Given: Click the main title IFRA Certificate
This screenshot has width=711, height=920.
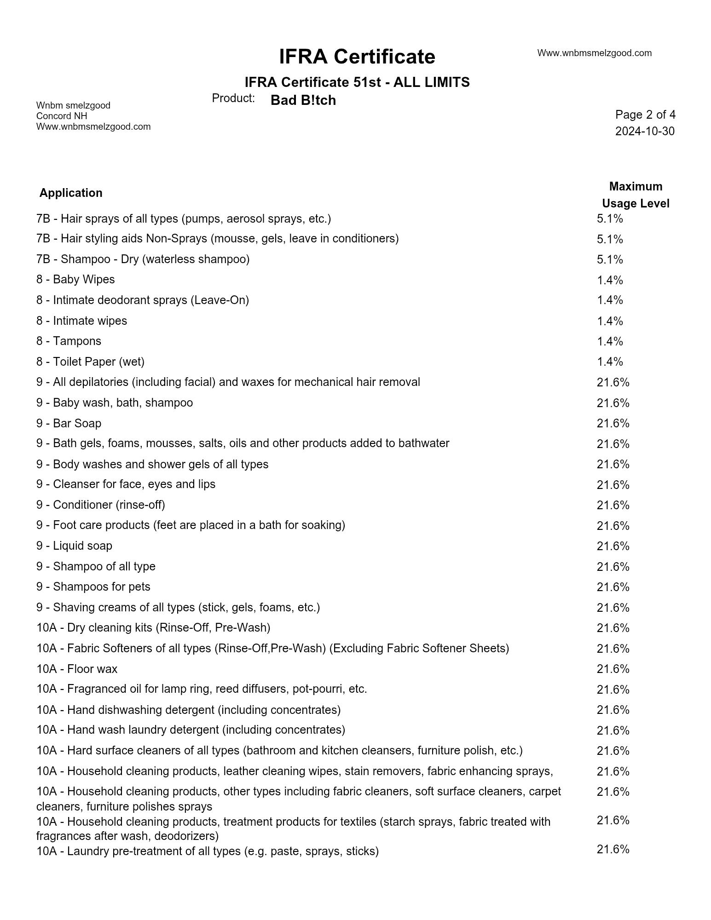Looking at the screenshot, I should coord(357,57).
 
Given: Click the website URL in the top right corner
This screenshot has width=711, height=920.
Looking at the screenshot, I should coord(594,53).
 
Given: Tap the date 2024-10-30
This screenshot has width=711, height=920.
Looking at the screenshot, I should coord(645,132).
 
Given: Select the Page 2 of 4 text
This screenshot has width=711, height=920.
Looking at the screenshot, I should coord(645,115).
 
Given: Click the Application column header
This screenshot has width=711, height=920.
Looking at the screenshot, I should coord(71,193).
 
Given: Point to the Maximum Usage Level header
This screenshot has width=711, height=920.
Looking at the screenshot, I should coord(636,195).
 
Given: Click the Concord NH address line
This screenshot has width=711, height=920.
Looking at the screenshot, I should coord(62,116).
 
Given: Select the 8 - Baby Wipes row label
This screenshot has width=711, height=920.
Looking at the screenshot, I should coord(75,280).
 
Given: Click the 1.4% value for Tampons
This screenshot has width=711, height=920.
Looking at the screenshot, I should coord(610,341).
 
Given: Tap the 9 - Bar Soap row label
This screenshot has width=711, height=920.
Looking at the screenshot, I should coord(69,423).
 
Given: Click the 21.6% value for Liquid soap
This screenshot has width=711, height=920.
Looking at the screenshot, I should coord(613,546).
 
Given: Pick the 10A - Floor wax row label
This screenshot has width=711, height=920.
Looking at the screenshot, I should coord(77,669).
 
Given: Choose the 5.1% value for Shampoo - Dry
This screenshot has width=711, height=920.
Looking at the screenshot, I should coord(610,259).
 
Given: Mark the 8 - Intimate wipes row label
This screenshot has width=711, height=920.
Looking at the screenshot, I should coord(81,321).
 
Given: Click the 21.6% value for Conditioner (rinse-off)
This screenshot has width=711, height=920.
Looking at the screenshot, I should coord(613,505).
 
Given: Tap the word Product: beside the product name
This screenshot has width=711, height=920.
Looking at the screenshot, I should coord(233,98).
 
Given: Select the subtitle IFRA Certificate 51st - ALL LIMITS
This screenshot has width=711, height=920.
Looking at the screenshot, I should coord(357,82).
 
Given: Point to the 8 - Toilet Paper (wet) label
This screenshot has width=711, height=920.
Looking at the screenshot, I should coord(90,362).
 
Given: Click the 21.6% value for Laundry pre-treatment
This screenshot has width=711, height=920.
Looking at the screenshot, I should coord(613,849).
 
